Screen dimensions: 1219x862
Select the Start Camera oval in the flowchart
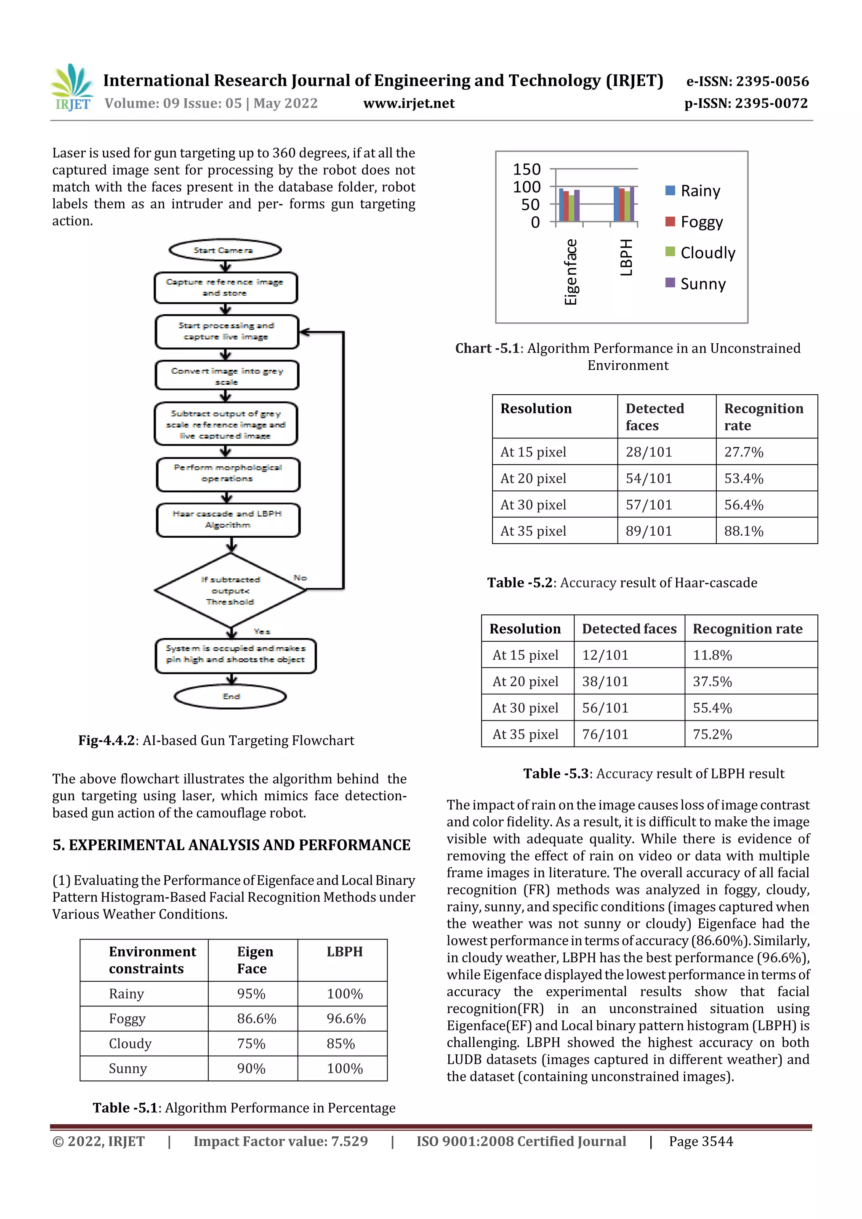click(225, 250)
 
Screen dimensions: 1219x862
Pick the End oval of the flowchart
click(231, 696)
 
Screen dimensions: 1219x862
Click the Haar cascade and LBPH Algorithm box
click(228, 520)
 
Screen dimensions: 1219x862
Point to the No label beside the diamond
click(300, 578)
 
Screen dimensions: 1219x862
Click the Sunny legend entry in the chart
click(695, 284)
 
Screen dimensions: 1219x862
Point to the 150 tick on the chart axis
click(527, 170)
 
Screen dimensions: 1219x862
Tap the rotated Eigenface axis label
click(570, 272)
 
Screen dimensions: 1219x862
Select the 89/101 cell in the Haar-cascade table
click(649, 531)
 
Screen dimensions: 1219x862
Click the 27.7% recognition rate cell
click(744, 452)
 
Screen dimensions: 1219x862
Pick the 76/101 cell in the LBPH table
click(605, 734)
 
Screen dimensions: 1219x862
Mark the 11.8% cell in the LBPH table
click(712, 655)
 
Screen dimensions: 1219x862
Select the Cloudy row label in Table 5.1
click(130, 1044)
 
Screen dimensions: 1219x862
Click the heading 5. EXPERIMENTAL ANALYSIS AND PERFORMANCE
click(231, 845)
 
